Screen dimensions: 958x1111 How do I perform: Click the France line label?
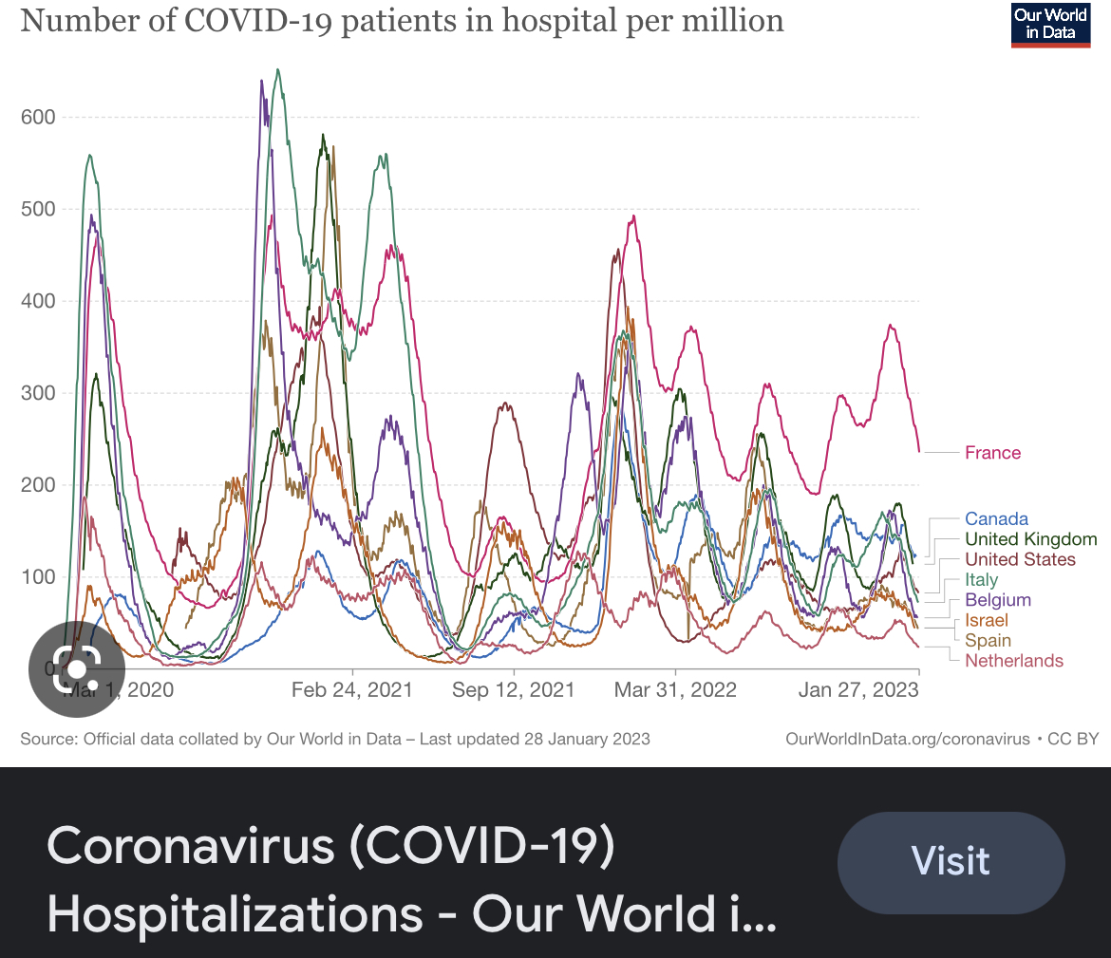pyautogui.click(x=992, y=453)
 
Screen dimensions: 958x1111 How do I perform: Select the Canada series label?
pyautogui.click(x=996, y=519)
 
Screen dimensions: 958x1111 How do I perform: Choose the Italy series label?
pyautogui.click(x=981, y=580)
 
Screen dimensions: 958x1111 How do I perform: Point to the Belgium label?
pyautogui.click(x=997, y=600)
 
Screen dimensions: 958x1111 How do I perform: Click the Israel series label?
pyautogui.click(x=986, y=620)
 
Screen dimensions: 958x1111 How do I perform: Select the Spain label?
pyautogui.click(x=988, y=641)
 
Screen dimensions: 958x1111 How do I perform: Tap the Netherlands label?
pyautogui.click(x=1013, y=661)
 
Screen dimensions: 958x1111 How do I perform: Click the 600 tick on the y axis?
pyautogui.click(x=38, y=118)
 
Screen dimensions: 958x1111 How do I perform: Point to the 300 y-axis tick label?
pyautogui.click(x=38, y=393)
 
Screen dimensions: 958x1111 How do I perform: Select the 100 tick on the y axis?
pyautogui.click(x=38, y=577)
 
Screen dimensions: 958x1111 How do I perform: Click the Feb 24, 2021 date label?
pyautogui.click(x=352, y=690)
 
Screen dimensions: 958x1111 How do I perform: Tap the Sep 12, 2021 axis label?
pyautogui.click(x=514, y=690)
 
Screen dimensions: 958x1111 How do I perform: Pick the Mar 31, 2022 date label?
pyautogui.click(x=675, y=690)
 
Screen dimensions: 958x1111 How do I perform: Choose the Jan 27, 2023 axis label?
pyautogui.click(x=858, y=690)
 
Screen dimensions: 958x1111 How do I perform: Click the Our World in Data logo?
pyautogui.click(x=1050, y=24)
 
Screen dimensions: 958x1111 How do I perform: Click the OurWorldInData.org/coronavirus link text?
pyautogui.click(x=908, y=739)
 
